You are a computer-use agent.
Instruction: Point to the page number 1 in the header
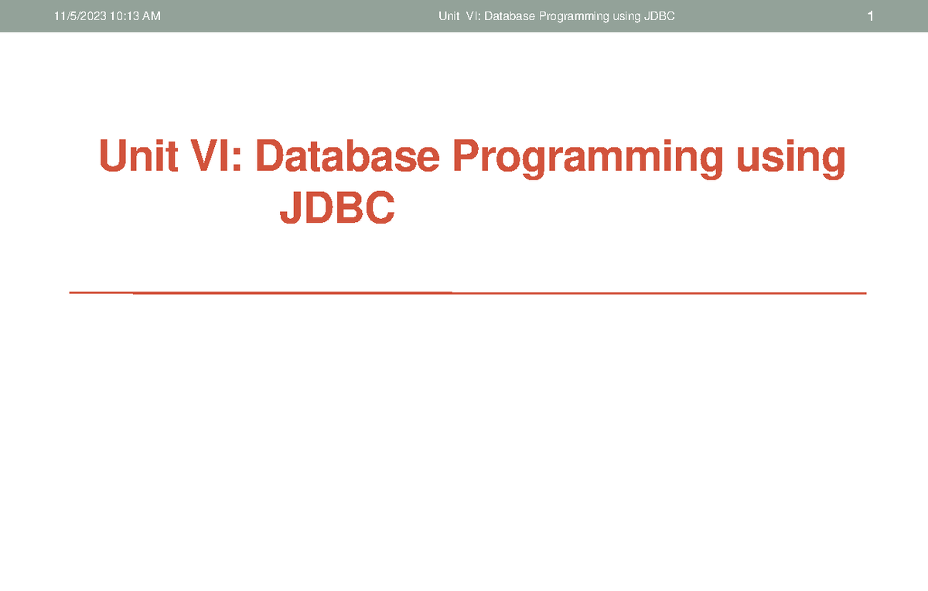(871, 16)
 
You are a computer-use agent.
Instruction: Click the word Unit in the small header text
(448, 16)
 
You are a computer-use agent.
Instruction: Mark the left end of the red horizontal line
(70, 293)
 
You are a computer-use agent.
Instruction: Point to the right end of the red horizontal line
(865, 293)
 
